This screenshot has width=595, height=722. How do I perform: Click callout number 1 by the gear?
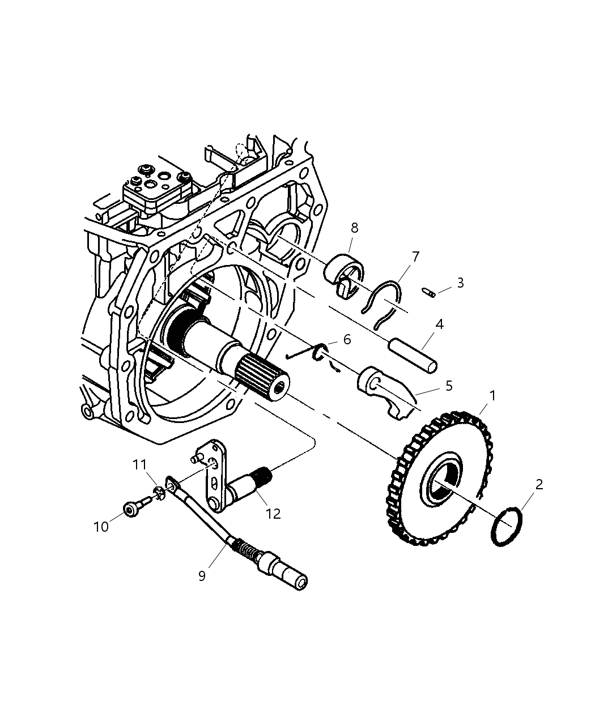click(x=492, y=396)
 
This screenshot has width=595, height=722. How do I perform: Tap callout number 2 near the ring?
click(x=539, y=484)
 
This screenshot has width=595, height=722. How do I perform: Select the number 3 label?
click(x=460, y=283)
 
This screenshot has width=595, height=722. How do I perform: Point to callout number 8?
click(x=354, y=228)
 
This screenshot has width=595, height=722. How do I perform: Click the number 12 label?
click(x=273, y=514)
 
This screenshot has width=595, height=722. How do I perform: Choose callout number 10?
click(x=101, y=527)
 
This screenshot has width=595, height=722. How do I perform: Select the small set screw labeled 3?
click(x=428, y=292)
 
